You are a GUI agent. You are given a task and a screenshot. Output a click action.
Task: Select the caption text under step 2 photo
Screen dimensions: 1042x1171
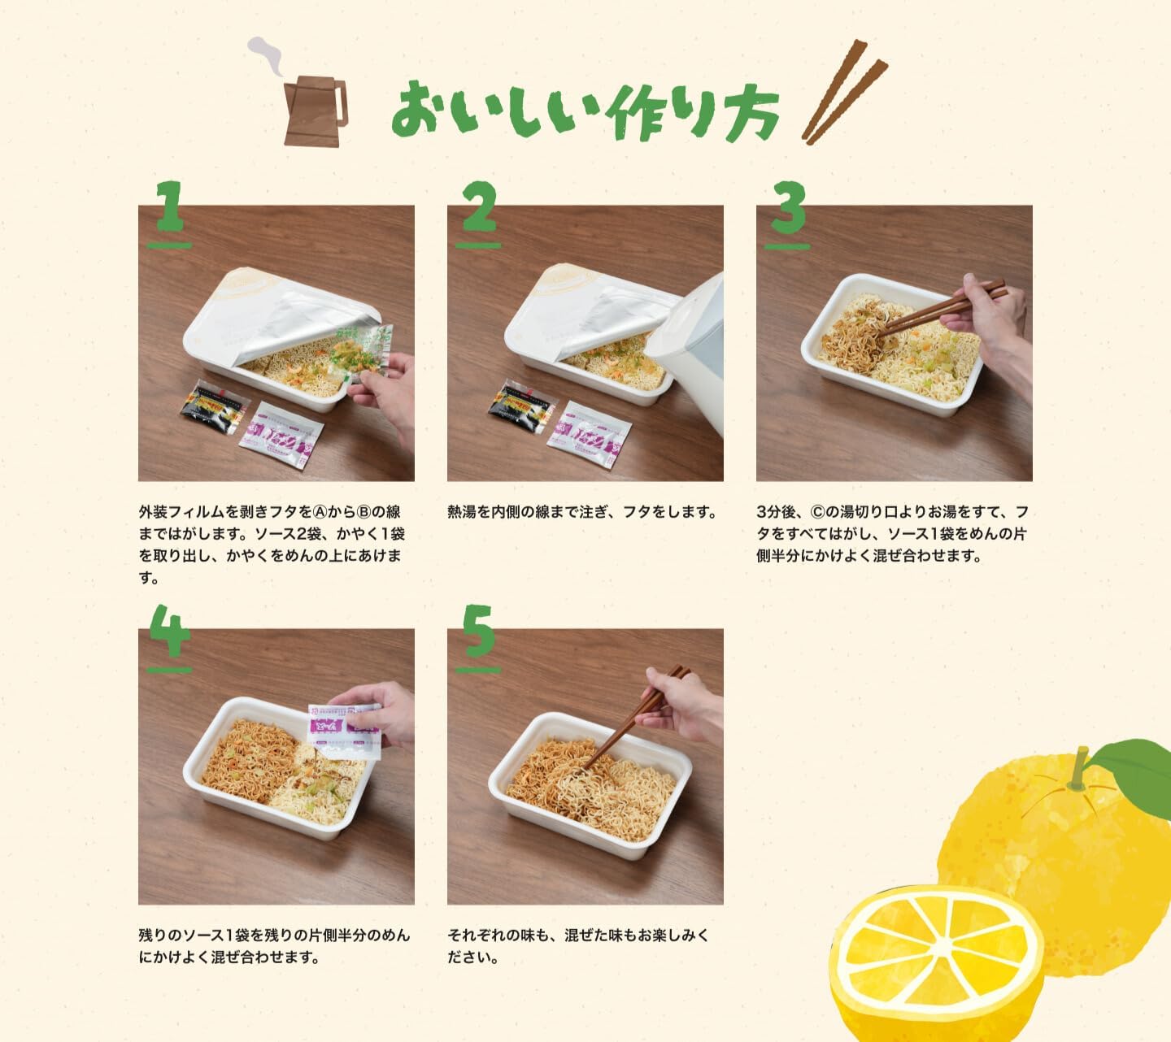(x=581, y=512)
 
